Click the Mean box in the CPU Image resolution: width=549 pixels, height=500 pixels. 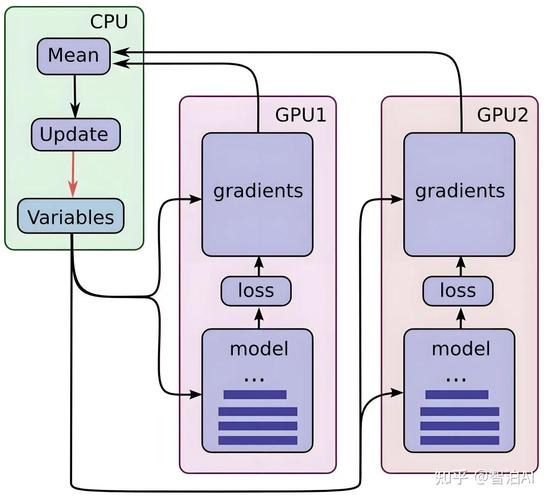coord(73,55)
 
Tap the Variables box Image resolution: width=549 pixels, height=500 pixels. coord(70,216)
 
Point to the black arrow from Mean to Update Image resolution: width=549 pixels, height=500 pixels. coord(73,95)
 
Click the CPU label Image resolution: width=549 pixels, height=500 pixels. coord(109,20)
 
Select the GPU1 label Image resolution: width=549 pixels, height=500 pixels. coord(300,114)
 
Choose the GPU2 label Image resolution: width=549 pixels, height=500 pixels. coord(502,114)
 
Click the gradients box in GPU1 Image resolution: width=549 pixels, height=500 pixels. coord(258,190)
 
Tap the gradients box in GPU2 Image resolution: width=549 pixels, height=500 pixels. coord(459,190)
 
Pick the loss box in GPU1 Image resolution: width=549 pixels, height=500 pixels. coord(258,291)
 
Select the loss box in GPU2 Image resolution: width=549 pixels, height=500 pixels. coord(459,291)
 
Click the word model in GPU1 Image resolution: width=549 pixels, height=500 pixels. coord(258,349)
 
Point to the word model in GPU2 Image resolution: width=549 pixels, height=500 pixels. coord(459,349)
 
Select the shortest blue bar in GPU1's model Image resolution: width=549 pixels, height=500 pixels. coord(254,395)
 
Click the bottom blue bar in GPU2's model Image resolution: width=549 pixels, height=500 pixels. coord(459,440)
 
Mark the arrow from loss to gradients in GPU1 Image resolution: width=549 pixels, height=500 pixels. coord(258,265)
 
